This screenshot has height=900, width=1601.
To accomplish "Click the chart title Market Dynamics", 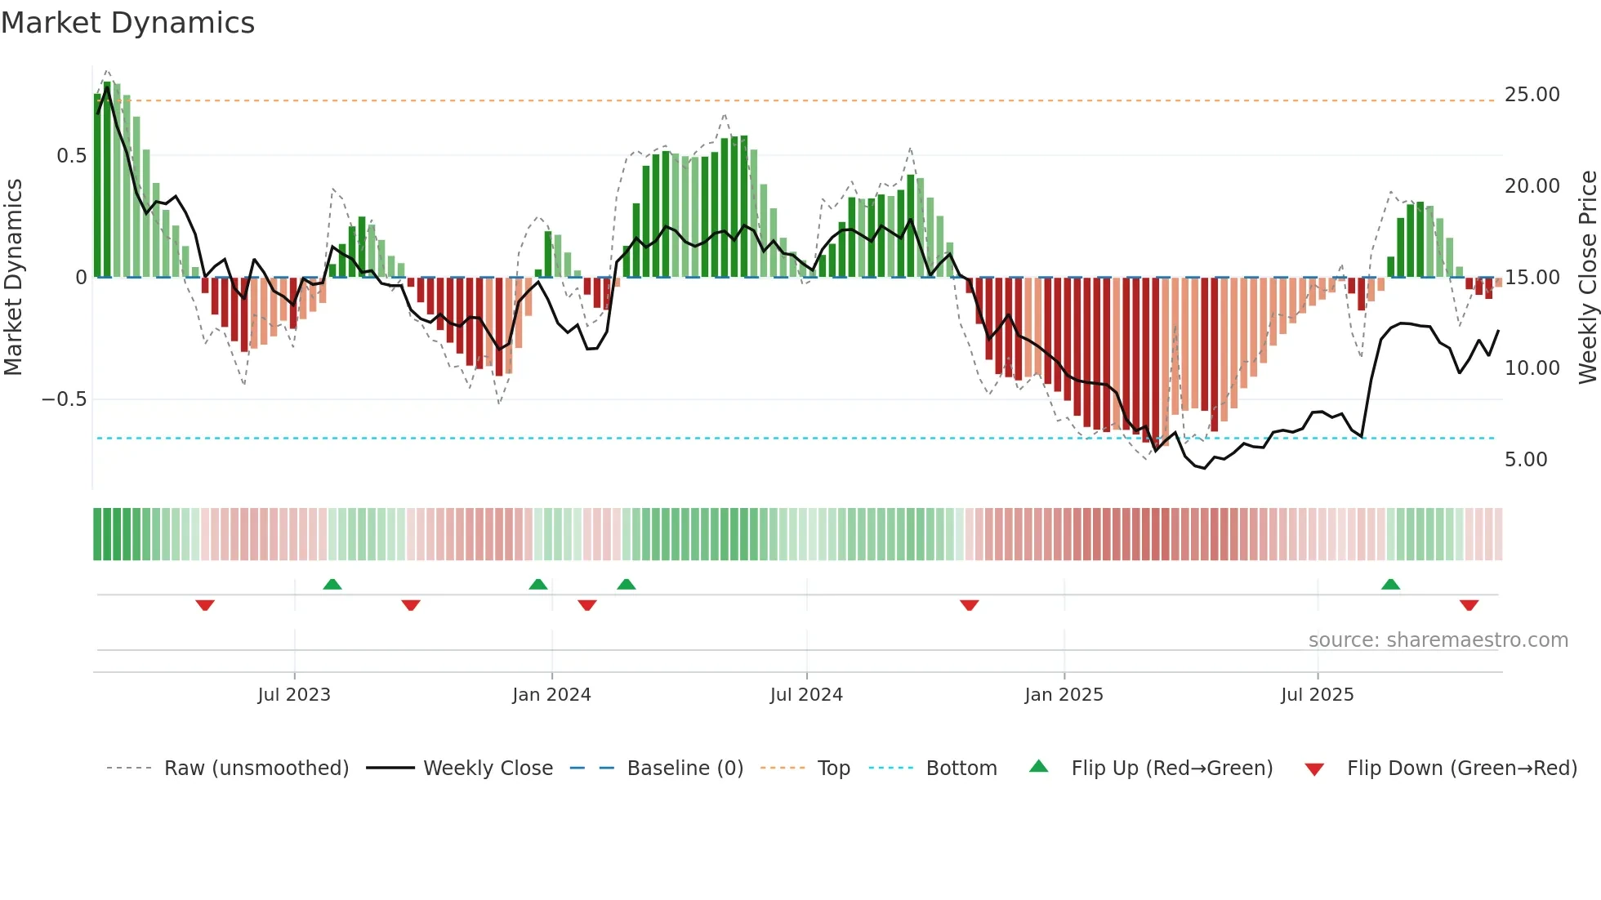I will (128, 23).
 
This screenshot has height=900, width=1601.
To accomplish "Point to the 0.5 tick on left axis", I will (71, 155).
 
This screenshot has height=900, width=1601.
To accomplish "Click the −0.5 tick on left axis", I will (64, 399).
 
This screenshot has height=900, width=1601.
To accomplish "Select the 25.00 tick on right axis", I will (1532, 95).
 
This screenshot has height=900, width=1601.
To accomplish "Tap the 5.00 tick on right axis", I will (1526, 459).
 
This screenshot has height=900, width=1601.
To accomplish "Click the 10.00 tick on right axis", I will (1532, 368).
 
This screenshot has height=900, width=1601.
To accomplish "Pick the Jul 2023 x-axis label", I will (294, 694).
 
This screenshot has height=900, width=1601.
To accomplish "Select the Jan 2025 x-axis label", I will (1064, 694).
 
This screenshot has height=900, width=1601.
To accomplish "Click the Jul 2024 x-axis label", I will (806, 694).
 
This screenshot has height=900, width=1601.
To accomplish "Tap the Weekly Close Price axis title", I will (1587, 277).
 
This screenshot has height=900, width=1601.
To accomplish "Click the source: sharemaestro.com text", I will (1438, 639).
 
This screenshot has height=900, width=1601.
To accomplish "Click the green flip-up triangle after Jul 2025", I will (1390, 584).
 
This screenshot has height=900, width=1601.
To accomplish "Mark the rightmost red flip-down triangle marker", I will (1469, 605).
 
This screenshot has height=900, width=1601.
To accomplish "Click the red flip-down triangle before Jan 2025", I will (969, 605).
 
